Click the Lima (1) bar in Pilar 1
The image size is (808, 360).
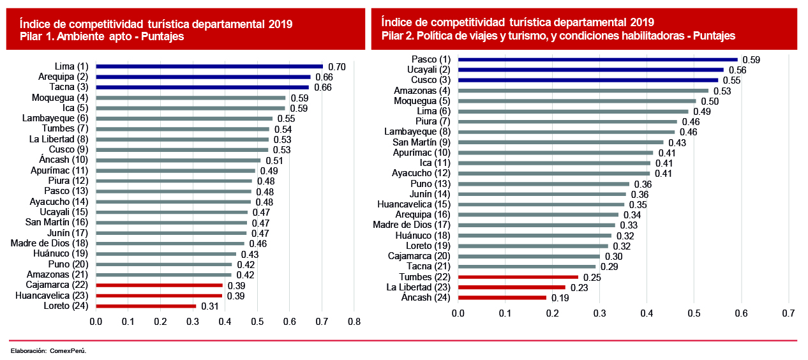tap(209, 66)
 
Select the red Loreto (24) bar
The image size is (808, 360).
tap(146, 306)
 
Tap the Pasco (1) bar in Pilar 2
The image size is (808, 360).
tap(597, 59)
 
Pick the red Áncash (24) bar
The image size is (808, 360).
tap(502, 297)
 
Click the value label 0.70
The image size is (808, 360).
tap(336, 67)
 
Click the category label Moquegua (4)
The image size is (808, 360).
tap(60, 98)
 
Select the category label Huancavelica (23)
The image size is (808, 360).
tap(52, 296)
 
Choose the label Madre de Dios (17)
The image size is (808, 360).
tap(412, 225)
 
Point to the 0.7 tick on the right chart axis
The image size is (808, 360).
tap(788, 313)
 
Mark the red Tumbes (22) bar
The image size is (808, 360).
tap(518, 277)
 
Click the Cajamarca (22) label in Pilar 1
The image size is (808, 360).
tap(57, 285)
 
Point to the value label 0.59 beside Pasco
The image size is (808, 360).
tap(751, 60)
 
